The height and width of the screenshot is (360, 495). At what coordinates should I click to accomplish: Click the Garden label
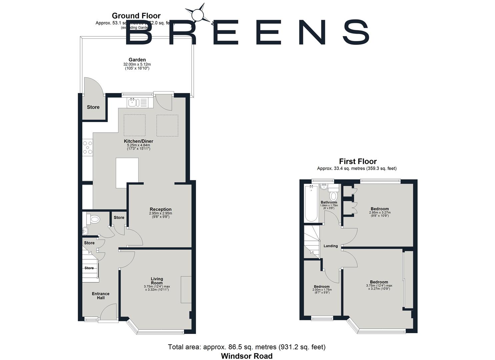137,60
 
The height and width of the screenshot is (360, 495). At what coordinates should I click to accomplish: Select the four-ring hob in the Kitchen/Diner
88,148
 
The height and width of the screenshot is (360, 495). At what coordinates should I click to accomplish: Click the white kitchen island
127,173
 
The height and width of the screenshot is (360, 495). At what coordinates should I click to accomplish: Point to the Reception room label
160,209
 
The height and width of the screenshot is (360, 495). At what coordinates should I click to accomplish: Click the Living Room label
157,281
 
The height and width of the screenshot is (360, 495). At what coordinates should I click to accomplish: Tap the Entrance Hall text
100,296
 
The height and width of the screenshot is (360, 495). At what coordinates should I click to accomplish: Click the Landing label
331,246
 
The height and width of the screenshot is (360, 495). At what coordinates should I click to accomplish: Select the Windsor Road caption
247,356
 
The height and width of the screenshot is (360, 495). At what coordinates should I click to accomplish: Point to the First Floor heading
358,162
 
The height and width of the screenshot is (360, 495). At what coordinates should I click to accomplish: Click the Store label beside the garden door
93,107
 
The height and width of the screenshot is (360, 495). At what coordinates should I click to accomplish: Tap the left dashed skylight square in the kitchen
135,125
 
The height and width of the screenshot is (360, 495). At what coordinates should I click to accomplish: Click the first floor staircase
311,241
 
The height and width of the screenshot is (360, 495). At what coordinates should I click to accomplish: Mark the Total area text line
247,347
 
